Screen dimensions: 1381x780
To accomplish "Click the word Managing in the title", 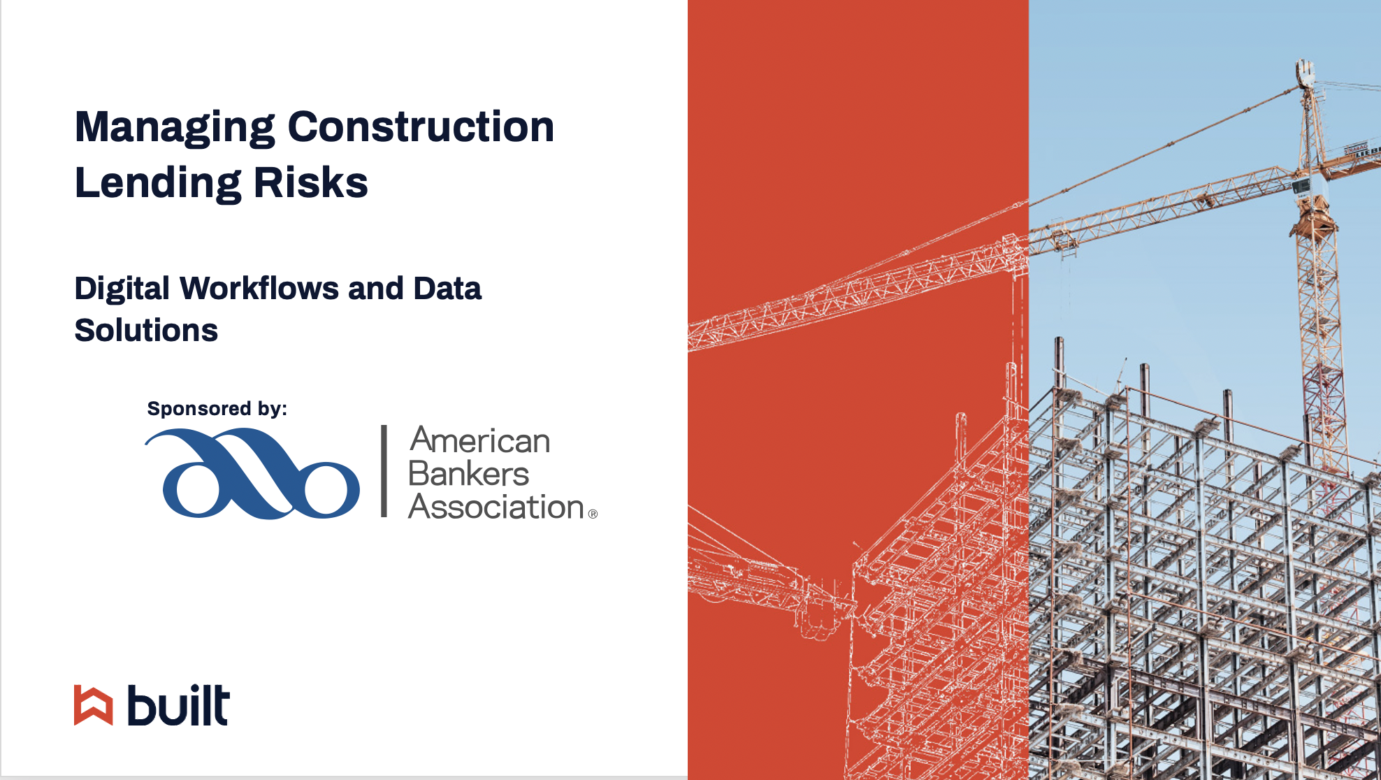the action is [175, 128].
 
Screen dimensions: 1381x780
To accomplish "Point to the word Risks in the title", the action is [310, 182].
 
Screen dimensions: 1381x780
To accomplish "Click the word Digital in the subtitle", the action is [122, 289].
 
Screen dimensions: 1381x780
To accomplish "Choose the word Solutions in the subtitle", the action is [146, 330].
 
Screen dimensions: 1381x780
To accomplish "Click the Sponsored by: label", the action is [217, 409].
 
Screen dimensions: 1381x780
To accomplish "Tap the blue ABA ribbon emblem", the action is [252, 473].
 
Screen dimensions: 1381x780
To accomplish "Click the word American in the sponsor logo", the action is [480, 440].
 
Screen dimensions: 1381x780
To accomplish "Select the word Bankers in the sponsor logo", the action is [469, 474].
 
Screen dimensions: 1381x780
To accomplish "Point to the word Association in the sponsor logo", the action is [496, 507].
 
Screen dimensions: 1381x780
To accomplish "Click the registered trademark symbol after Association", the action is [593, 514].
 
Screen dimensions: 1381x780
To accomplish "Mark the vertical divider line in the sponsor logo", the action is [384, 471].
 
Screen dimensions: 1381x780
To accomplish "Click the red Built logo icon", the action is [93, 705].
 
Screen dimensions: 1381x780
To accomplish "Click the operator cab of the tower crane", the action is [1301, 186].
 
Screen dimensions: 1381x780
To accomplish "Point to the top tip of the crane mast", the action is [1304, 61].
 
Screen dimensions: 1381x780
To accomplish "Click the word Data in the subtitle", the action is [447, 288].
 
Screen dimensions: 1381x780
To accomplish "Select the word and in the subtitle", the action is [376, 288].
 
